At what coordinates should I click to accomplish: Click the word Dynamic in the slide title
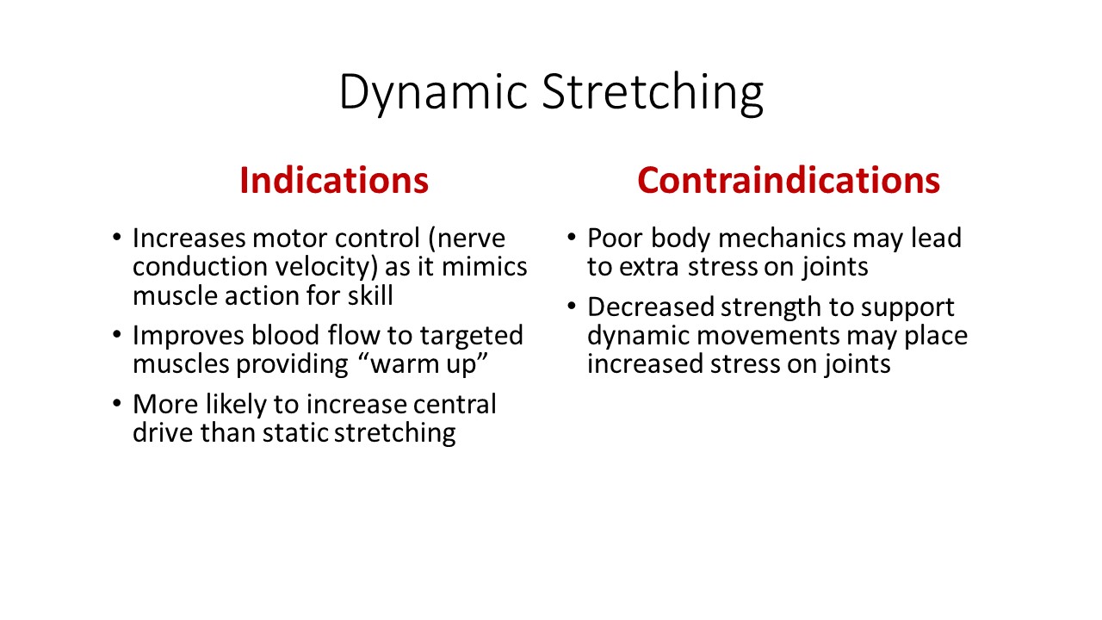[433, 93]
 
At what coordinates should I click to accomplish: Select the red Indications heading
[334, 181]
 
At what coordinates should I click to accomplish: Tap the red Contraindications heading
[789, 181]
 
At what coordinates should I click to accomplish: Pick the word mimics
[485, 267]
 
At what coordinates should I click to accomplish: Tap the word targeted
[471, 337]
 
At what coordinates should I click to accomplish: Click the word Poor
[615, 239]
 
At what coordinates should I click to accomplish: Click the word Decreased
[651, 307]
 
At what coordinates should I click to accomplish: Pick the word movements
[768, 336]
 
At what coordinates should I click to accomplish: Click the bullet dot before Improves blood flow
[116, 335]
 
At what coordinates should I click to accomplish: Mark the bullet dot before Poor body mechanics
[571, 238]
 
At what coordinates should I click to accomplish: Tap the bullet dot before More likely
[116, 404]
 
